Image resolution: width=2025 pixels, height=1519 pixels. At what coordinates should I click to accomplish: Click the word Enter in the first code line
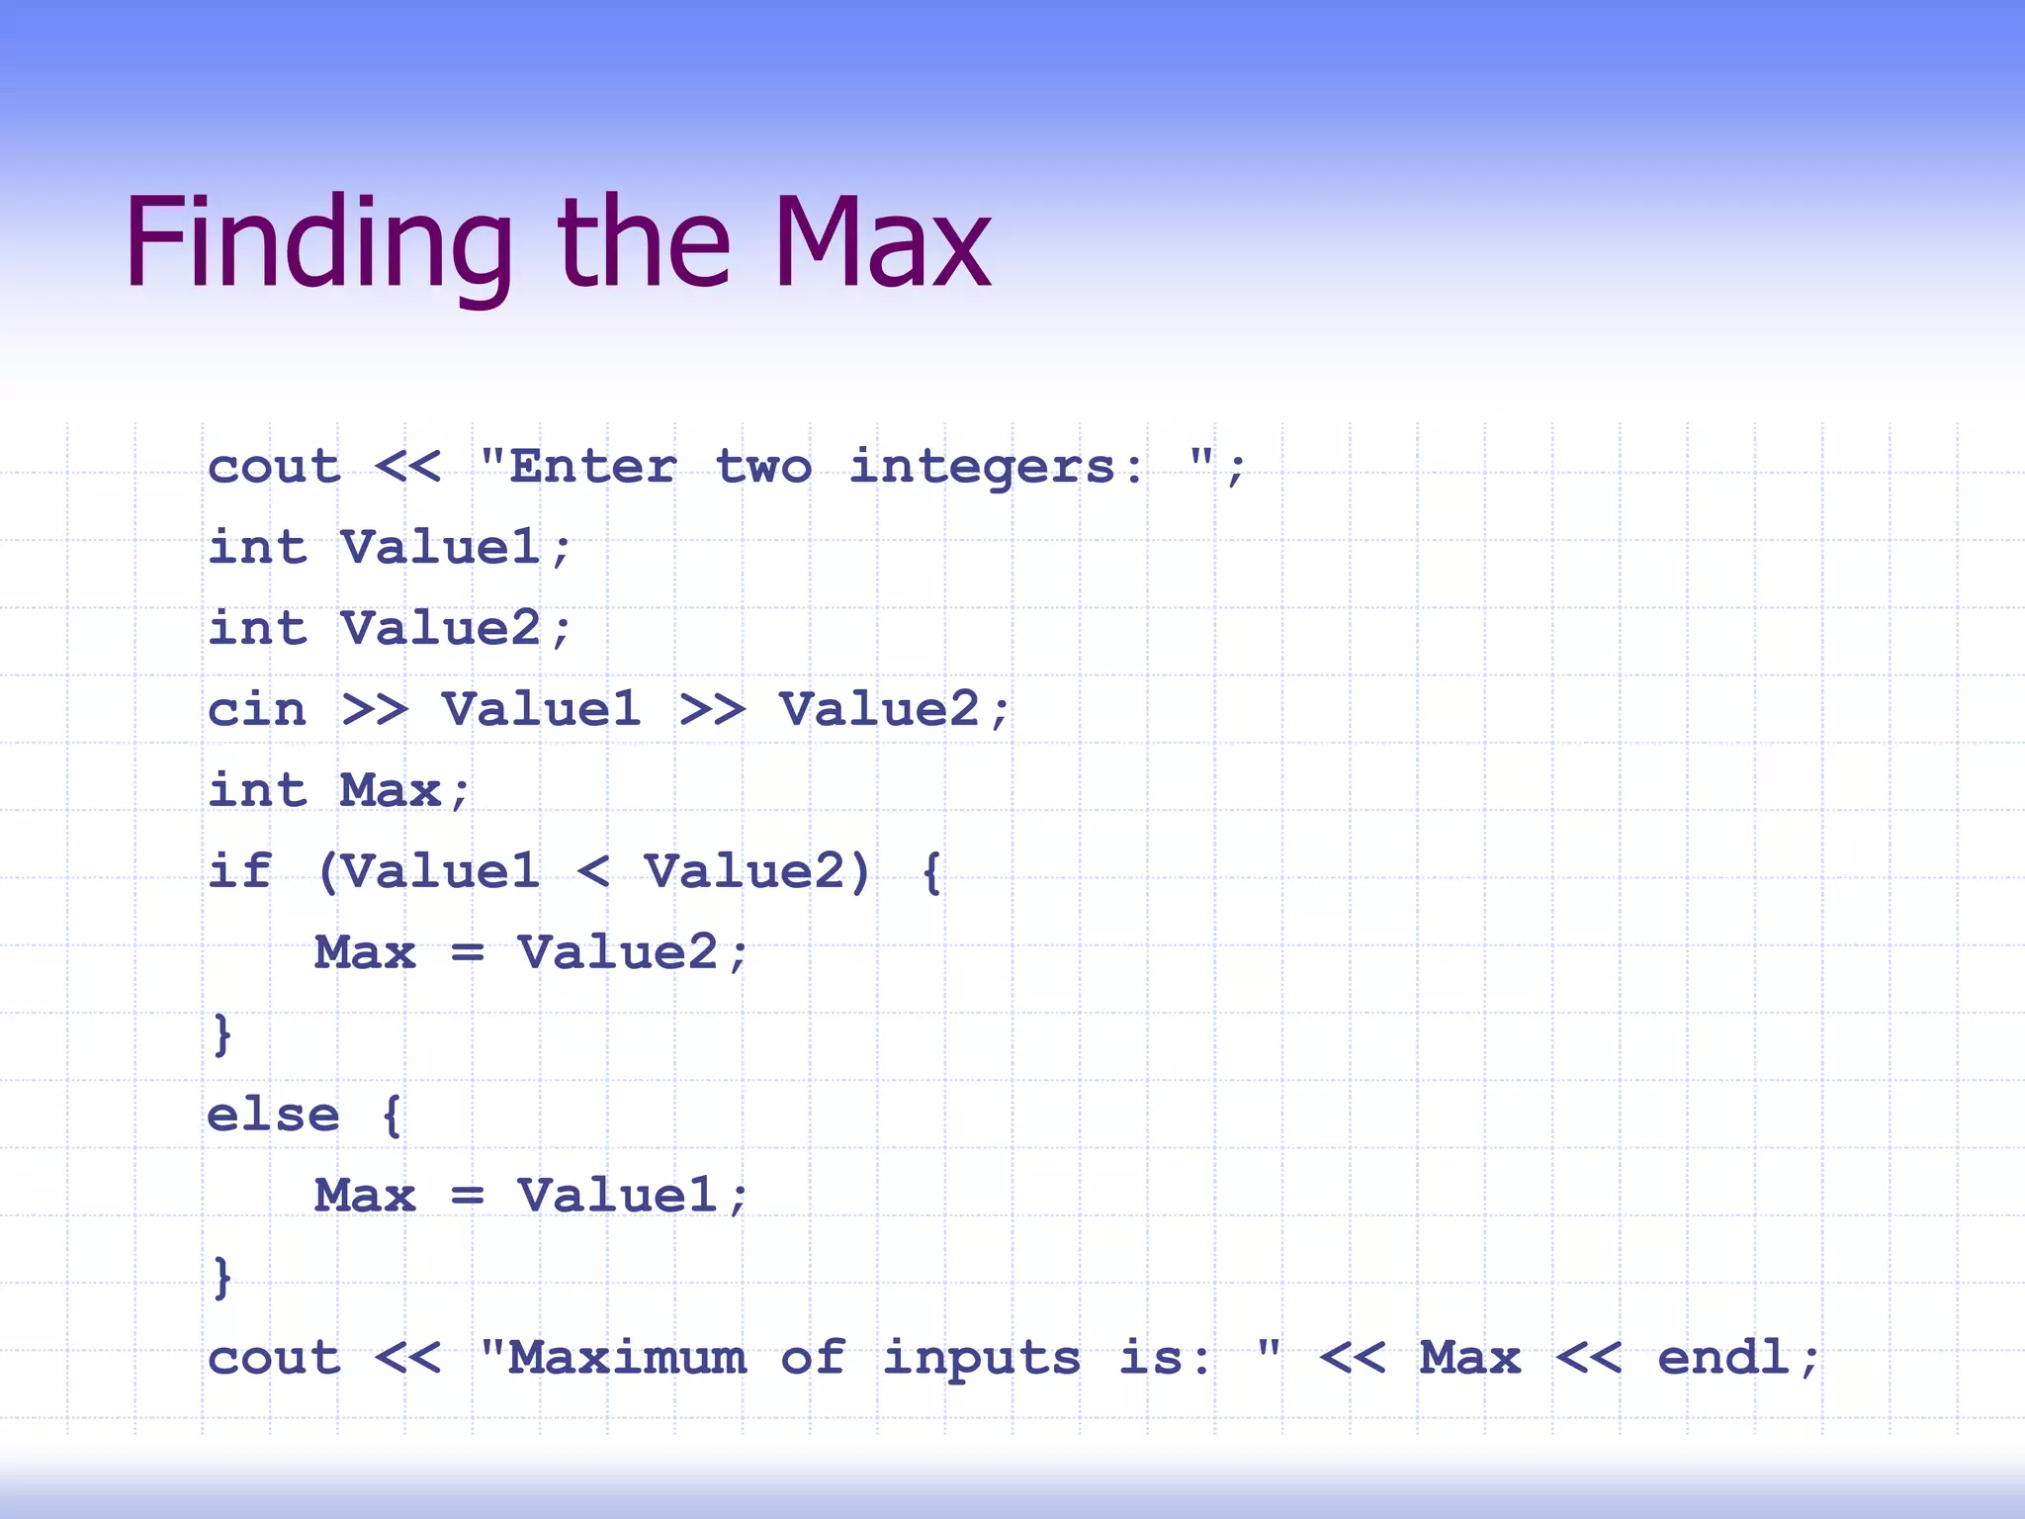point(592,466)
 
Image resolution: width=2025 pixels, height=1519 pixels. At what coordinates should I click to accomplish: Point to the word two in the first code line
point(762,466)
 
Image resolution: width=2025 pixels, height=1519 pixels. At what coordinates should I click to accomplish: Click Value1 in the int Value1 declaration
point(441,547)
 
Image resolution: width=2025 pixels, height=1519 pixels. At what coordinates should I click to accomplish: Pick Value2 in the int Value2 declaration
point(441,628)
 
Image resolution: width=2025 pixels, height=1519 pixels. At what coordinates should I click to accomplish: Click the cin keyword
point(257,709)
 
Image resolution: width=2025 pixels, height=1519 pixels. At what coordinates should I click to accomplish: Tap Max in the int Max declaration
point(391,790)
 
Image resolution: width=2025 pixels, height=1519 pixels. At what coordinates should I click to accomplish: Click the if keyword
point(239,871)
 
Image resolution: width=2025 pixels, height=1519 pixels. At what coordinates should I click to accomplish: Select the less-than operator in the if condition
point(592,872)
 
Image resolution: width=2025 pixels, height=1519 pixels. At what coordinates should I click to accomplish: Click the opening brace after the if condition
point(930,872)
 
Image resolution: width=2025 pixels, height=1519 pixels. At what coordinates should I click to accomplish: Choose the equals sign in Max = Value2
point(467,953)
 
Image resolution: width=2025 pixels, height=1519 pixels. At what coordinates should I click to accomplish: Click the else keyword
point(273,1115)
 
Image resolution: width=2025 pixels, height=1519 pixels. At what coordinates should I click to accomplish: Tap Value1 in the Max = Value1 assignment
point(618,1196)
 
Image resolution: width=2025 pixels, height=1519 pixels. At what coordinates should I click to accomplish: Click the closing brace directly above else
point(222,1034)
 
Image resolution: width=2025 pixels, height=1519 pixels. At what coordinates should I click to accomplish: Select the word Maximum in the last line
point(626,1358)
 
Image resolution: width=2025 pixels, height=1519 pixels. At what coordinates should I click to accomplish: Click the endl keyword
point(1723,1358)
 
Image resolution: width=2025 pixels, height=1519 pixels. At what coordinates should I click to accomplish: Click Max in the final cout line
point(1469,1358)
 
